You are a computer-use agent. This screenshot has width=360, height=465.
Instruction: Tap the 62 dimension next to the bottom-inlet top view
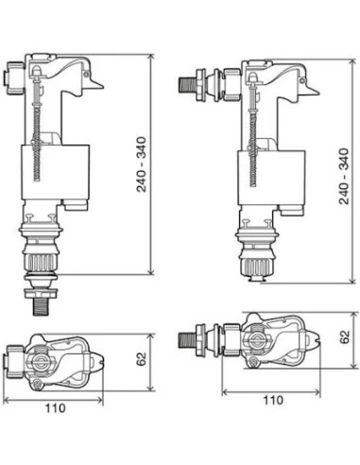click(139, 360)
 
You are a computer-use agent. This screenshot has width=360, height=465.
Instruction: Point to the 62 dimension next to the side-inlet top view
click(344, 336)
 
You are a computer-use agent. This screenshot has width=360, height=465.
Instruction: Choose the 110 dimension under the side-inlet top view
click(273, 400)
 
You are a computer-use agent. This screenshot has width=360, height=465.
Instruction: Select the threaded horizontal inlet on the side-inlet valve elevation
click(187, 82)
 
